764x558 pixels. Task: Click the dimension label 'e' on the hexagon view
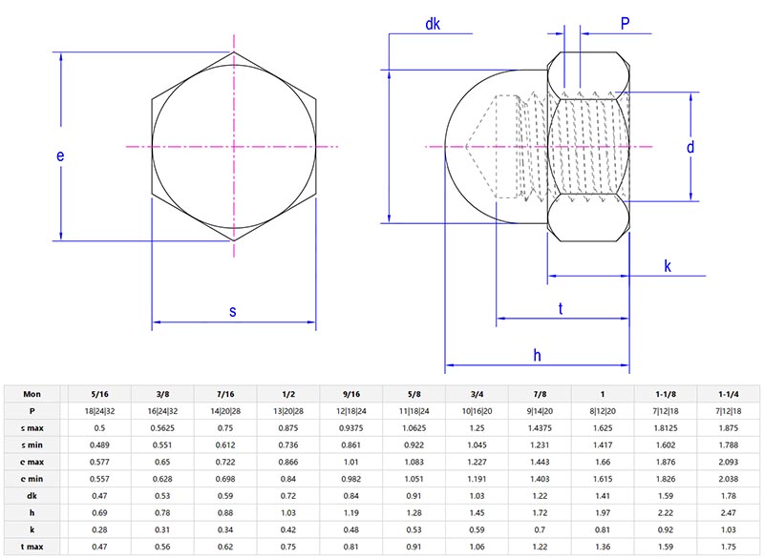click(x=60, y=155)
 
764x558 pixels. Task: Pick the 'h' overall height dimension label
click(x=537, y=354)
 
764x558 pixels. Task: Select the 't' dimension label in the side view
click(x=560, y=307)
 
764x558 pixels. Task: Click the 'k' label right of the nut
click(x=668, y=266)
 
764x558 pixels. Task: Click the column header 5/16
click(x=99, y=393)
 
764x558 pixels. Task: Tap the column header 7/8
click(x=541, y=393)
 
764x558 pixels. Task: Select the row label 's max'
click(x=33, y=427)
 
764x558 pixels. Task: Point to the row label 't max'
click(x=33, y=548)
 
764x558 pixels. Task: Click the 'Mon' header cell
click(x=33, y=393)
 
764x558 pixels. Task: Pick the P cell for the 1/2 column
click(x=288, y=410)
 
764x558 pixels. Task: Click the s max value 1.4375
click(x=541, y=427)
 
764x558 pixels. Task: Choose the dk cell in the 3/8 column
click(x=162, y=496)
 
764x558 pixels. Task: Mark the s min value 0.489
click(x=99, y=444)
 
